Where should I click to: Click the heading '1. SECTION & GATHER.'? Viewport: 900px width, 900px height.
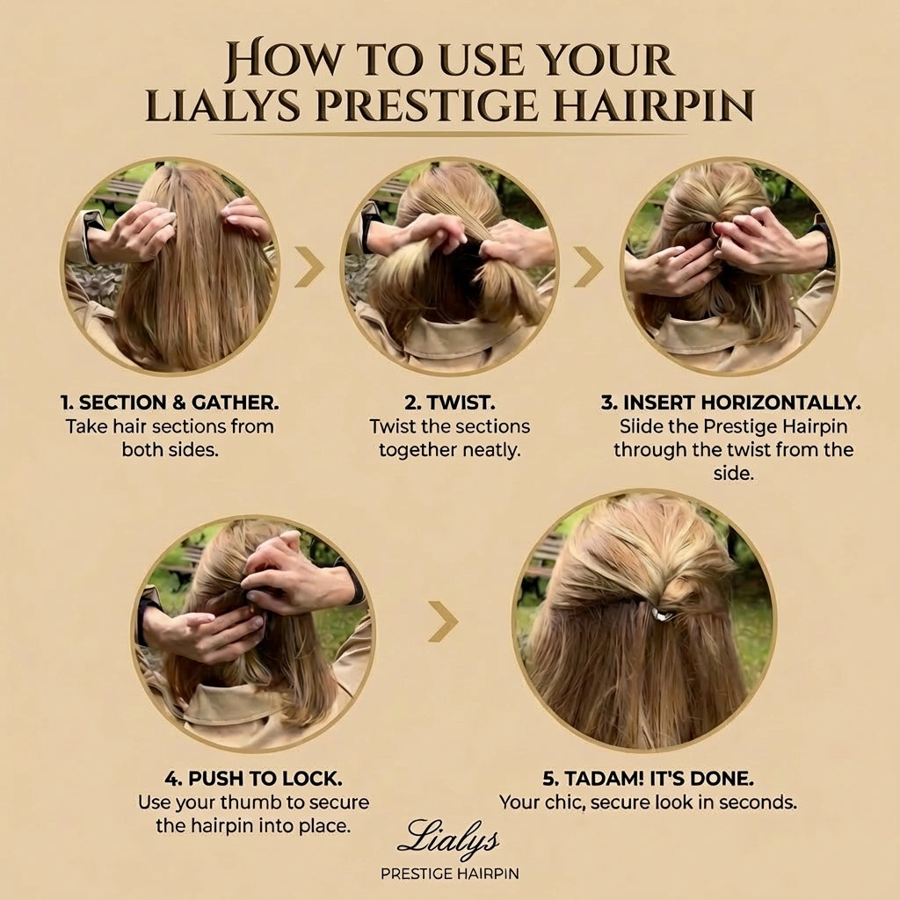click(170, 403)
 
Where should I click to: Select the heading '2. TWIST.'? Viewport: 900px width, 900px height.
click(450, 403)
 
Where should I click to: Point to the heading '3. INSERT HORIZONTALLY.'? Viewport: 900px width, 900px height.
click(731, 403)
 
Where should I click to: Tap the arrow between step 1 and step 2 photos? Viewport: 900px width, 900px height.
click(308, 267)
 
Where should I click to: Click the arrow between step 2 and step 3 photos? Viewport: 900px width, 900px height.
click(589, 267)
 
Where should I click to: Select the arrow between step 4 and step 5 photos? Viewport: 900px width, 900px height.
click(443, 621)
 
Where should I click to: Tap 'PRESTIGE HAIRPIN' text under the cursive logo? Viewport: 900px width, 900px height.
click(449, 874)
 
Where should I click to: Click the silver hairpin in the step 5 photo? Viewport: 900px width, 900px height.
click(661, 613)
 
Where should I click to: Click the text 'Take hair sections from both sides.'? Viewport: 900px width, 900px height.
click(170, 438)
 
